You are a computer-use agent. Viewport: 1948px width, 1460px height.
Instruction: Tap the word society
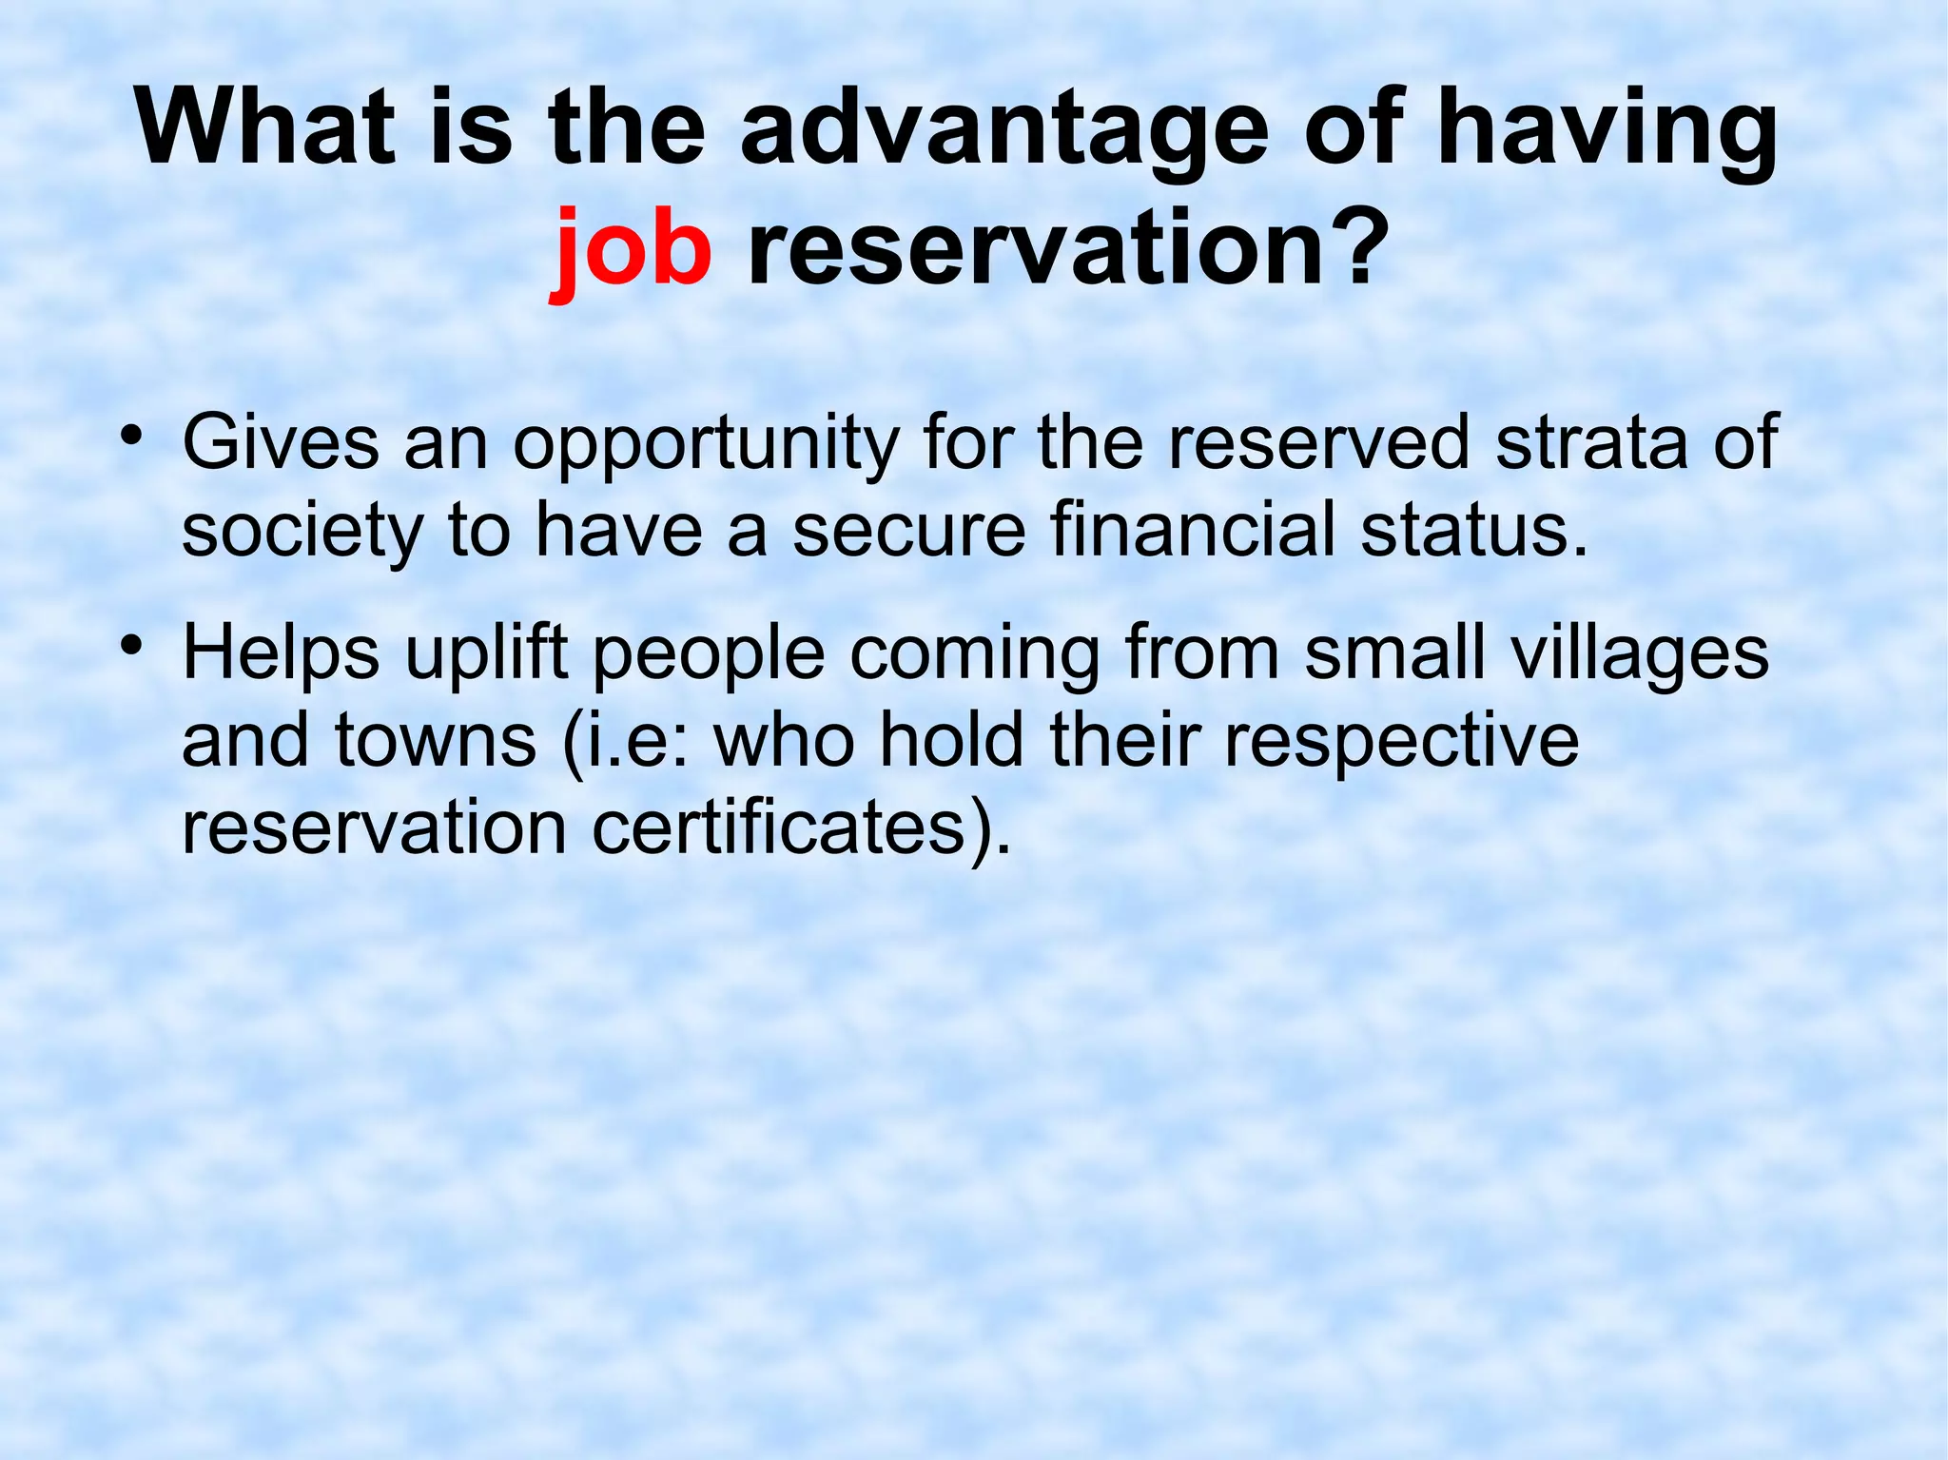click(302, 531)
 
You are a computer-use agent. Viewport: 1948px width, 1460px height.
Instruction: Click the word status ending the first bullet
click(1472, 529)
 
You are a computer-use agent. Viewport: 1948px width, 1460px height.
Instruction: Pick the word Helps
click(281, 654)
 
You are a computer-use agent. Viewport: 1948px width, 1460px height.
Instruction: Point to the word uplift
click(486, 654)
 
